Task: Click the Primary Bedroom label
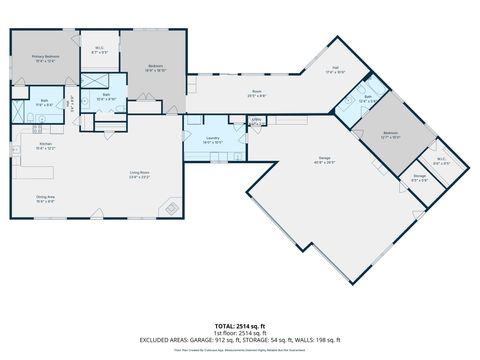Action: click(x=46, y=58)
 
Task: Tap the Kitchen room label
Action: click(x=46, y=145)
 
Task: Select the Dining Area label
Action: click(x=45, y=198)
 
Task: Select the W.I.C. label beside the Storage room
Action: click(x=441, y=161)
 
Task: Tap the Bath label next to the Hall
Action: click(x=368, y=100)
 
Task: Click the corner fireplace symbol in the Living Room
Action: click(x=172, y=207)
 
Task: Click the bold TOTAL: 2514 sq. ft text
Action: click(x=239, y=326)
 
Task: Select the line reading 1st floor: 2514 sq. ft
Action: click(x=239, y=333)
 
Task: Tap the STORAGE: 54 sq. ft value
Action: click(x=269, y=341)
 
